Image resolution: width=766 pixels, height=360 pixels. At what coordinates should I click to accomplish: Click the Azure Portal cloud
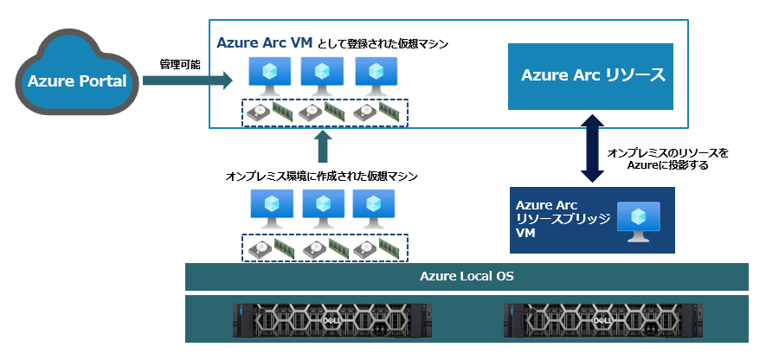point(77,81)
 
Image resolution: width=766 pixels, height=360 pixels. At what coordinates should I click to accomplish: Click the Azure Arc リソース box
point(593,76)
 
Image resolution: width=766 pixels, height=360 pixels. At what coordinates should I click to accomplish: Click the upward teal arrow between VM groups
point(322,147)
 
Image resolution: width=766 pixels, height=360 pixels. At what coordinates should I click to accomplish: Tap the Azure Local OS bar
point(467,276)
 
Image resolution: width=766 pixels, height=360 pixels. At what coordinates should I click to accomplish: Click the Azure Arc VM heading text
point(263,42)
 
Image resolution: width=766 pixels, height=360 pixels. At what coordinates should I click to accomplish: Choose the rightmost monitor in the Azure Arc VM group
point(374,76)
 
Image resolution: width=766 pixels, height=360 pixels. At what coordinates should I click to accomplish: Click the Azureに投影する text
point(668,164)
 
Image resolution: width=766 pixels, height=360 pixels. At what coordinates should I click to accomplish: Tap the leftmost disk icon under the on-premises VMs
point(259,247)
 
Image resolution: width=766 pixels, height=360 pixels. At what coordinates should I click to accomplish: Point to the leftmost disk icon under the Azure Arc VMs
point(259,112)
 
